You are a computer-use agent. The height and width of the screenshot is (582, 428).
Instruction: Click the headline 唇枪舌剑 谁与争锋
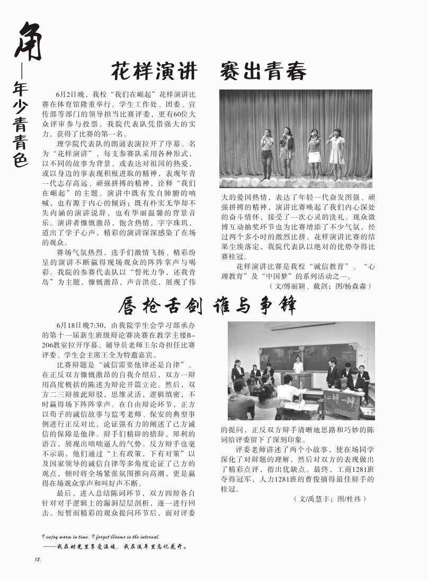207,305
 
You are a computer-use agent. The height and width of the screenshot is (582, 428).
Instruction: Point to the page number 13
38,560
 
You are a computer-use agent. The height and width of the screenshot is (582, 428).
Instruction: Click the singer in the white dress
335,151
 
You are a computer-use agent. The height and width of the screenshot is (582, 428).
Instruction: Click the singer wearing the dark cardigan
287,151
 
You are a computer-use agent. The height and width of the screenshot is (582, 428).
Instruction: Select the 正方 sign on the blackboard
264,352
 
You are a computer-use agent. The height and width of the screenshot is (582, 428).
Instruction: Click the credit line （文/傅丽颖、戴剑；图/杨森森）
320,286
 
